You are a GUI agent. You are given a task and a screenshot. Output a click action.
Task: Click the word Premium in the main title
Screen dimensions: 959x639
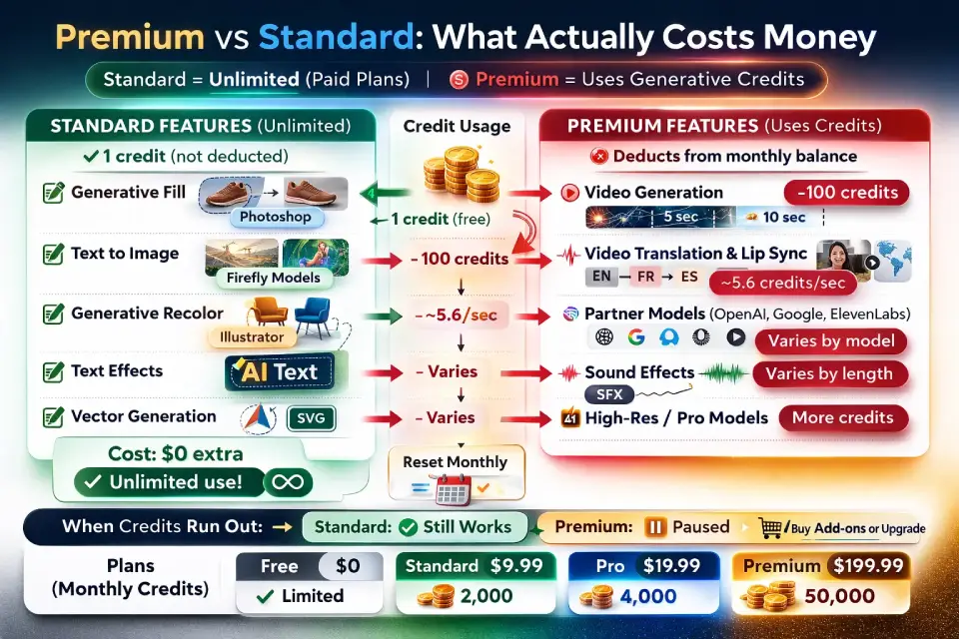point(130,37)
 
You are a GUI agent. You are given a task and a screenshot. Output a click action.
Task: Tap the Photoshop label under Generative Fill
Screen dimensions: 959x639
point(276,217)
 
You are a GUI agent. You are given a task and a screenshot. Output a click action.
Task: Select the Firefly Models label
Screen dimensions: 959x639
point(274,278)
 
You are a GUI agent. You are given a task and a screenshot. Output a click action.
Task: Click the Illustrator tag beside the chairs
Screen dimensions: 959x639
point(252,336)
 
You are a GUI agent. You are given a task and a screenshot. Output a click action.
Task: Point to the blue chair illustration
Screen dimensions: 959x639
point(313,317)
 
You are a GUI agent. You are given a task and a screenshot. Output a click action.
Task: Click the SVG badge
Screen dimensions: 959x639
point(311,418)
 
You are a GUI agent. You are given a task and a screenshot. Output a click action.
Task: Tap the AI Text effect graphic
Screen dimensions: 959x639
point(280,371)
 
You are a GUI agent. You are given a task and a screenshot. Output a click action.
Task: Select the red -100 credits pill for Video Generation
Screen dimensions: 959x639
point(846,193)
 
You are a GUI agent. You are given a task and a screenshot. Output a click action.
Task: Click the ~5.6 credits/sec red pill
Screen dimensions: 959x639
point(782,283)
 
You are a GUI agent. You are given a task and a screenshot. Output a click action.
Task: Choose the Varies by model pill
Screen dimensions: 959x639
point(830,341)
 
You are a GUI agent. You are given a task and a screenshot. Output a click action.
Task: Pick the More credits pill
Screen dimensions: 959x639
point(843,417)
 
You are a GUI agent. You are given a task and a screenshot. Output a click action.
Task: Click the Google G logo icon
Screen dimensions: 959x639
point(636,336)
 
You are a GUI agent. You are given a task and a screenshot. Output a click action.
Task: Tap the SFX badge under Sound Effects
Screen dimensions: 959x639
point(609,394)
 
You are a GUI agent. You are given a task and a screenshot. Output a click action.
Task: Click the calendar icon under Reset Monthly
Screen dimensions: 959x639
point(453,490)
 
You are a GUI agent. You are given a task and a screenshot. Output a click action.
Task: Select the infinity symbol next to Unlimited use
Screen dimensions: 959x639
point(288,482)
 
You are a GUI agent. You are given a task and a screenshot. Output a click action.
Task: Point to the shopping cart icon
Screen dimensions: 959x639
point(770,528)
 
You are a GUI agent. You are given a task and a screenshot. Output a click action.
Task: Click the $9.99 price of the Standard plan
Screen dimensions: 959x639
point(516,566)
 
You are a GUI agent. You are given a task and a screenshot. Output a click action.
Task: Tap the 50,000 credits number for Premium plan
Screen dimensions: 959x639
point(839,596)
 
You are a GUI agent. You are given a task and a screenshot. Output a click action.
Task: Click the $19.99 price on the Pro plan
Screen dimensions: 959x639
point(671,566)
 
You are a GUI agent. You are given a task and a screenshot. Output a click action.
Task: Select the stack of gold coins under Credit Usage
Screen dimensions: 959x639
point(462,175)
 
